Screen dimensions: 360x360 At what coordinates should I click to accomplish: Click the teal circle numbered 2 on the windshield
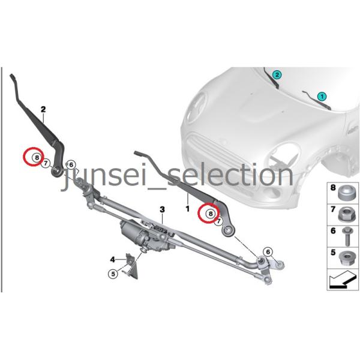click(277, 75)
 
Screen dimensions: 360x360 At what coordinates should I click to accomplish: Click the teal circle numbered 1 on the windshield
click(322, 97)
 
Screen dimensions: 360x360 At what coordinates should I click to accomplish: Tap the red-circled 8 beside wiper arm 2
click(37, 157)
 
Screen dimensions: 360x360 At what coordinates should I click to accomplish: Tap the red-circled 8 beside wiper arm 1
click(211, 214)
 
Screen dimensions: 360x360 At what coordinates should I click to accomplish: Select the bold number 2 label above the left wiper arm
click(43, 109)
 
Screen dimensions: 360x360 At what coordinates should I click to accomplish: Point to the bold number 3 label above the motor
click(163, 209)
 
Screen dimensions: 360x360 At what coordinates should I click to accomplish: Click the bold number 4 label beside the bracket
click(113, 260)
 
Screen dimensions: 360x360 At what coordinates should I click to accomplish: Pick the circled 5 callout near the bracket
click(113, 274)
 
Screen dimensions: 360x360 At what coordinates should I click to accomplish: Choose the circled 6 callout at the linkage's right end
click(268, 252)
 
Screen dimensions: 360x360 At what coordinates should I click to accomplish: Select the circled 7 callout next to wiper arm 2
click(46, 163)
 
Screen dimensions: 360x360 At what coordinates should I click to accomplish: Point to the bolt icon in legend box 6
click(346, 236)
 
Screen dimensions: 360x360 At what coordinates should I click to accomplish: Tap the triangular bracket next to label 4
click(132, 266)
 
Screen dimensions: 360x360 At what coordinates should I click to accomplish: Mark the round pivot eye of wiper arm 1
click(228, 230)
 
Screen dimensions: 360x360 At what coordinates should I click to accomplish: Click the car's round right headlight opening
click(284, 156)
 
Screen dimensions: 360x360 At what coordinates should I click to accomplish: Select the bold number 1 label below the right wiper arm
click(188, 209)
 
